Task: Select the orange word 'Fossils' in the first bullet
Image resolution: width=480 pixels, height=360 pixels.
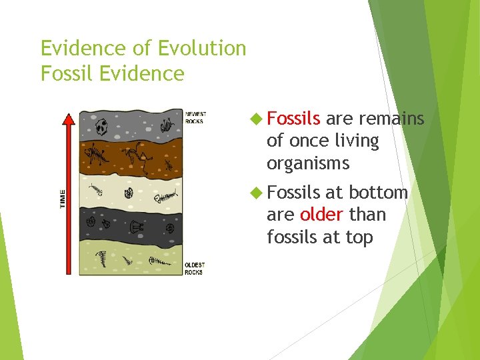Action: pos(293,119)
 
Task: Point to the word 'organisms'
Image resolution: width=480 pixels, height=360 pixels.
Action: pos(307,163)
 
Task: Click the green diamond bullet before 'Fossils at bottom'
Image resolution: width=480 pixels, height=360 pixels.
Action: pos(256,193)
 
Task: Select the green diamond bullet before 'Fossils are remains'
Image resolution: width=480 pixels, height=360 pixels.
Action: pos(256,119)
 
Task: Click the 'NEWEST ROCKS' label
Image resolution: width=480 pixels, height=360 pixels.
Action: pos(195,117)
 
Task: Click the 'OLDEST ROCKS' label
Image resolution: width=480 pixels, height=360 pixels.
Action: pos(194,269)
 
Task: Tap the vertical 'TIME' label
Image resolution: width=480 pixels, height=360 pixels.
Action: pos(63,198)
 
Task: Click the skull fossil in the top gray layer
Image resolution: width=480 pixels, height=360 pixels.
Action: pos(103,126)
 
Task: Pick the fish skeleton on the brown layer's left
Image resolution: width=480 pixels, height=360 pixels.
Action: pos(97,157)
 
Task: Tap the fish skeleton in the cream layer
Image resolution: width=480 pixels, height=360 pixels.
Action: pos(165,196)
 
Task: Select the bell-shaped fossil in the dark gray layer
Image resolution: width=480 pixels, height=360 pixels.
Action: pos(137,227)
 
